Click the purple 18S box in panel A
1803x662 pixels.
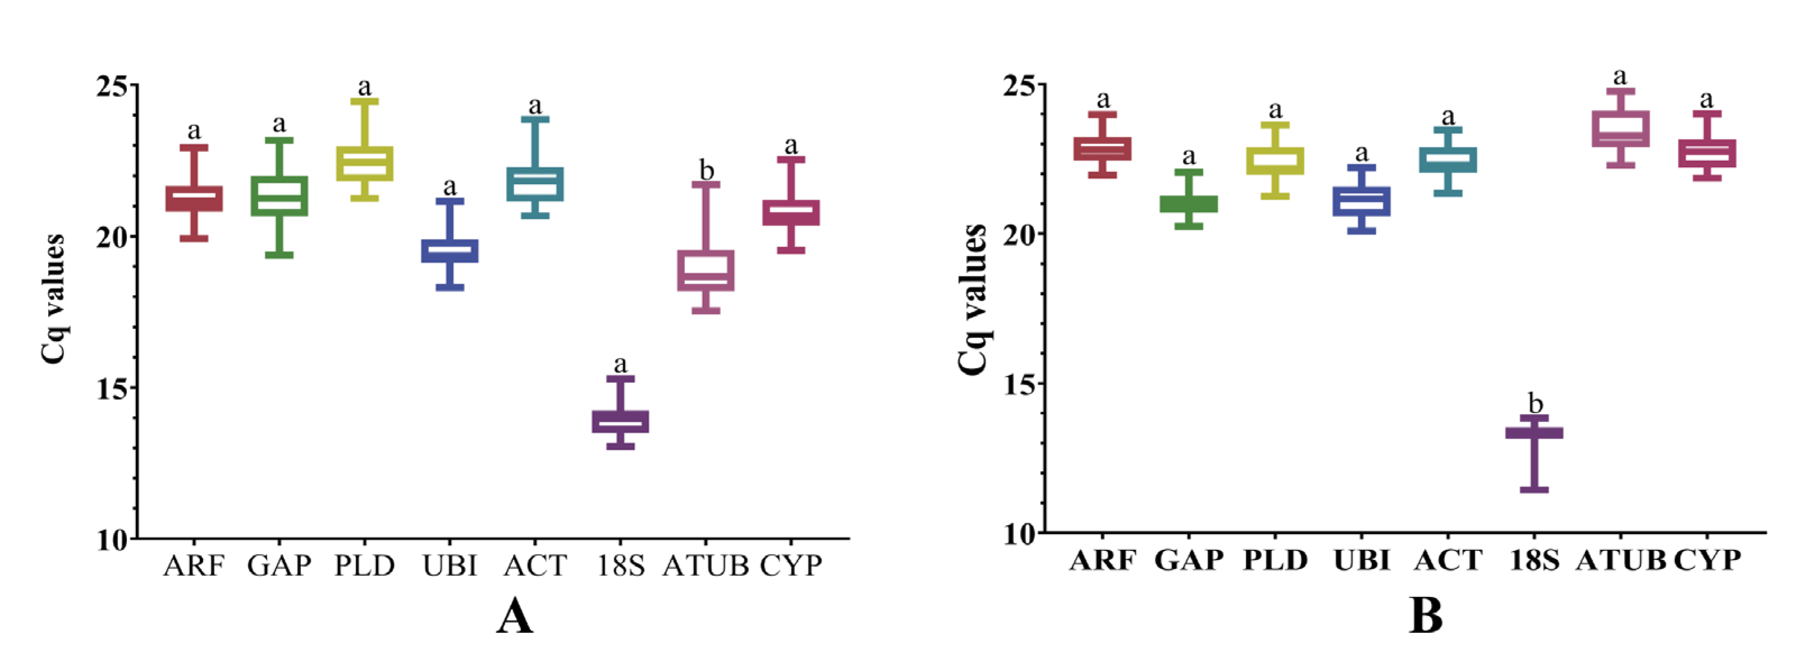coord(620,421)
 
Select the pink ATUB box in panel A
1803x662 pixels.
coord(706,270)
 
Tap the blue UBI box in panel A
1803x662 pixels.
coord(450,251)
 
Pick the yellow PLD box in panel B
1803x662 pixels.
coord(1275,160)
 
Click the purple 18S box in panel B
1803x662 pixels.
coord(1534,433)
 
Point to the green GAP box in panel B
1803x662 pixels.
coord(1188,204)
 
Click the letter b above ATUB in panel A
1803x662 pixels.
coord(706,170)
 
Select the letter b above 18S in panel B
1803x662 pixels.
coord(1535,404)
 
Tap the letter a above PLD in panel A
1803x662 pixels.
coord(364,88)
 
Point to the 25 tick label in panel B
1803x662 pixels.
coord(1021,85)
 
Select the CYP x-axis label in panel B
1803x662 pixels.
coord(1706,560)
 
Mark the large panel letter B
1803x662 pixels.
coord(1426,617)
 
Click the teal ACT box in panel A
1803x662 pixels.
coord(535,184)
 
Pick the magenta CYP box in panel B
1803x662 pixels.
coord(1706,153)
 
